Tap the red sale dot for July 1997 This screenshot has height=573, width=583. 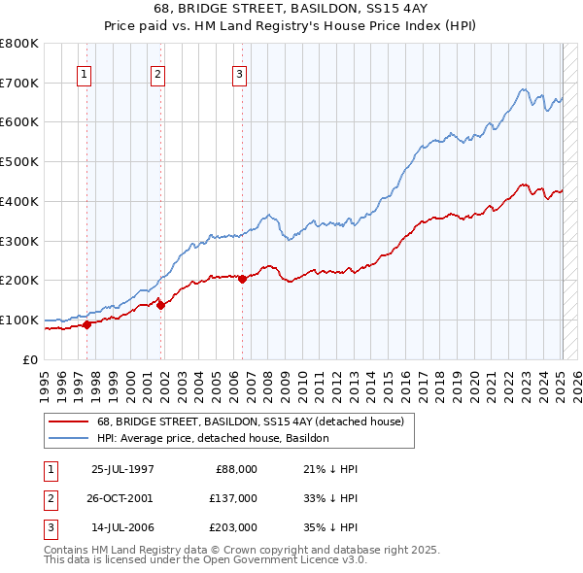[86, 324]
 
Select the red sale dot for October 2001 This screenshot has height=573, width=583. [161, 305]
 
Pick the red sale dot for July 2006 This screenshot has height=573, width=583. [242, 279]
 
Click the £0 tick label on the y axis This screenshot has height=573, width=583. [30, 359]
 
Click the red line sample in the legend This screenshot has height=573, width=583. [69, 421]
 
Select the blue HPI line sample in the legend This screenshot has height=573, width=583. [69, 438]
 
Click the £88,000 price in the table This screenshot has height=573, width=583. [235, 469]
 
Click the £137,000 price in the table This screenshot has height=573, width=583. [232, 497]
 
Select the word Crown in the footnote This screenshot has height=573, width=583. [280, 550]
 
